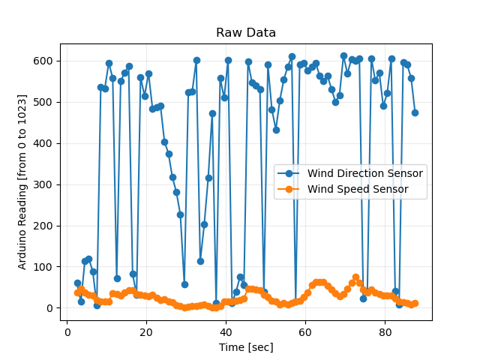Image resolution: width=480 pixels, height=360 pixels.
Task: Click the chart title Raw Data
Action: [x=246, y=33]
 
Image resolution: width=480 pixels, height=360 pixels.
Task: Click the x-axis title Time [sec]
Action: [x=246, y=347]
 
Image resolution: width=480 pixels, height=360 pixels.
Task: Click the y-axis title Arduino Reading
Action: [x=22, y=182]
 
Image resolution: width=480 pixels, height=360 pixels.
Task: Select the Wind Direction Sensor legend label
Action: [x=364, y=173]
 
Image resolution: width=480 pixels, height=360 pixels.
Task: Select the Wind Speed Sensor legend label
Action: [x=357, y=189]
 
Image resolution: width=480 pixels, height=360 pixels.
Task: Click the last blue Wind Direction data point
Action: [x=415, y=112]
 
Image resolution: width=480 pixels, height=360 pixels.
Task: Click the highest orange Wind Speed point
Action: [x=355, y=277]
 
